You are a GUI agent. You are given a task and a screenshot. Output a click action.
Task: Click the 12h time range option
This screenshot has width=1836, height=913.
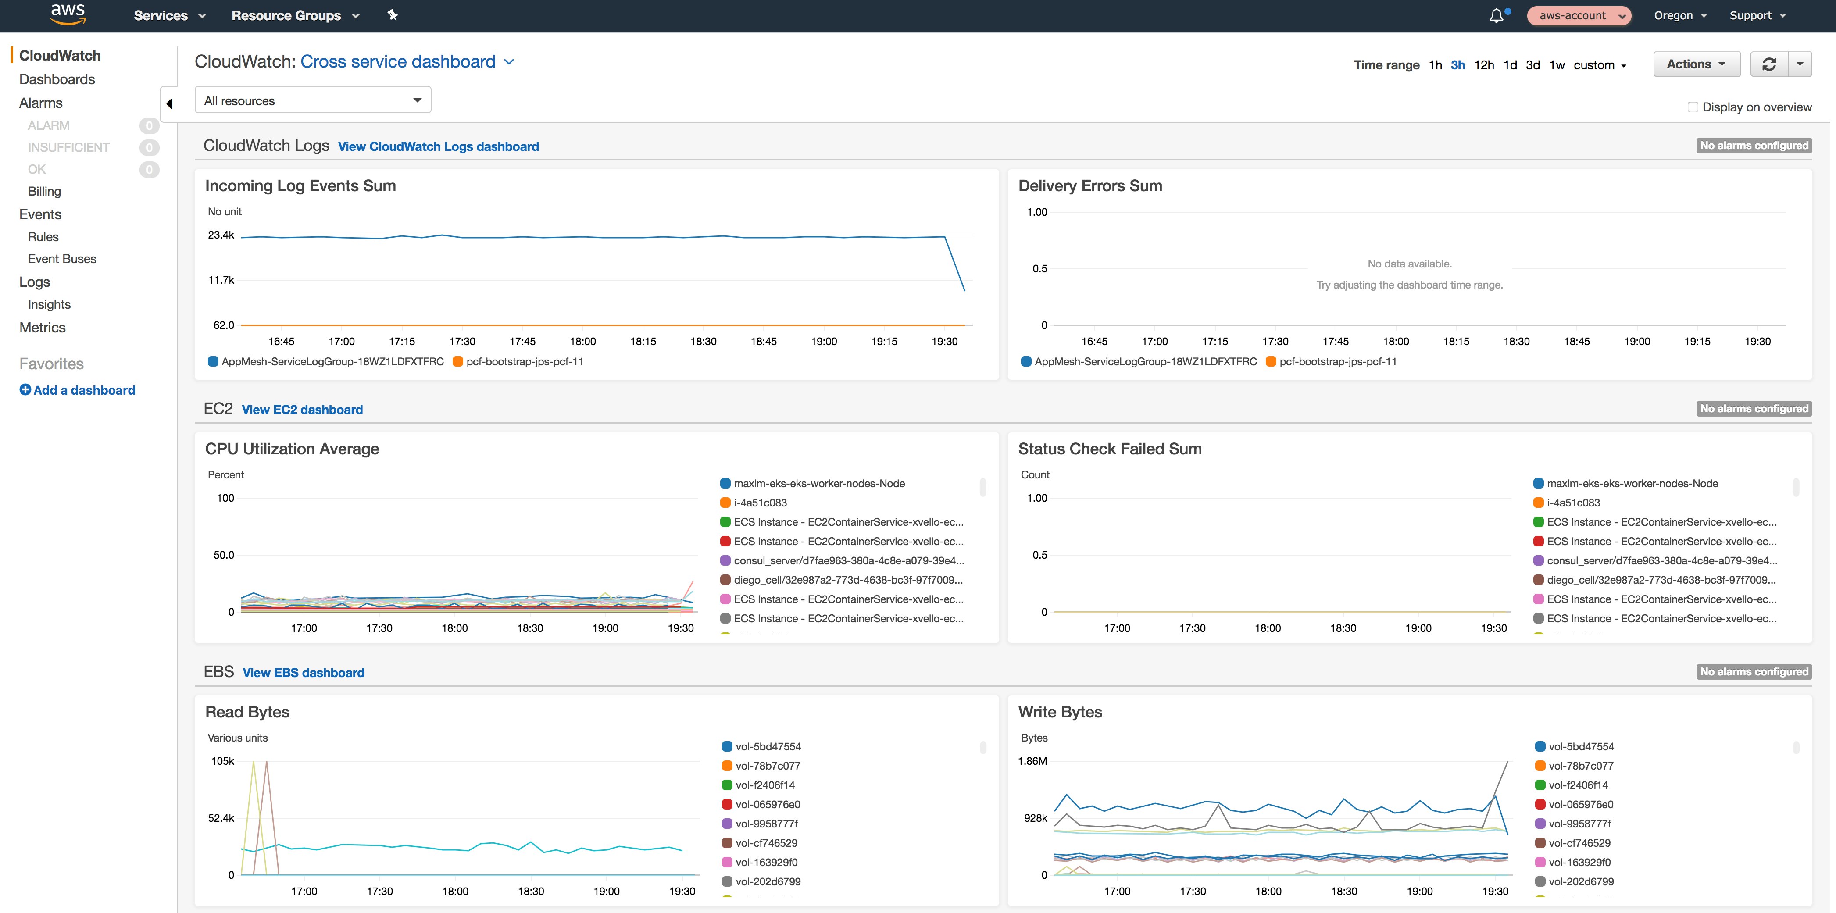point(1483,65)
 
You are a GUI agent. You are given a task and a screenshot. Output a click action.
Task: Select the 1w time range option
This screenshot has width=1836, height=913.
point(1557,65)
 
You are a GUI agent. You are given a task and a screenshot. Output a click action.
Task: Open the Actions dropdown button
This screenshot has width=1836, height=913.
point(1696,64)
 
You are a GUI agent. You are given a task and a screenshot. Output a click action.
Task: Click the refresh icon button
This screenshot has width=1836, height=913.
point(1768,64)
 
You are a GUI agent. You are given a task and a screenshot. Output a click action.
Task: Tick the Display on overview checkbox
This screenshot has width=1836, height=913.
point(1692,107)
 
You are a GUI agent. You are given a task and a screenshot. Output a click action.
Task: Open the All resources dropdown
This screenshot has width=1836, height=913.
point(312,100)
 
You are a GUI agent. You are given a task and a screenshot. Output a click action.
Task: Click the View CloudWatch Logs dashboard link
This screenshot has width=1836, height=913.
point(438,146)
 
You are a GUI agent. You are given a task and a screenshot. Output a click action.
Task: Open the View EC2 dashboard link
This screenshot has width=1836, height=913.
point(302,409)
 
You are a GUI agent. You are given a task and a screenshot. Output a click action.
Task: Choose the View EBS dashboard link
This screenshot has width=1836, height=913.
point(303,672)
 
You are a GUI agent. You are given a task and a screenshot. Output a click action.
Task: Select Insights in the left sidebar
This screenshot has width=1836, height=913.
point(49,304)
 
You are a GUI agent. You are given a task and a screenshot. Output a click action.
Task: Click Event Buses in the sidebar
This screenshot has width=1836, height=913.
point(62,259)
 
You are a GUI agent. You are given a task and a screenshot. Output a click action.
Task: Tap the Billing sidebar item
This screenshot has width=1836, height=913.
point(44,191)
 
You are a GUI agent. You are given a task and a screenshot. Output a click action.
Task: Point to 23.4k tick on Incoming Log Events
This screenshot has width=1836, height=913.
point(221,235)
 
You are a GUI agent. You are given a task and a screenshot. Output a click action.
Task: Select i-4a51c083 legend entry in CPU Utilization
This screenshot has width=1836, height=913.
point(760,503)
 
